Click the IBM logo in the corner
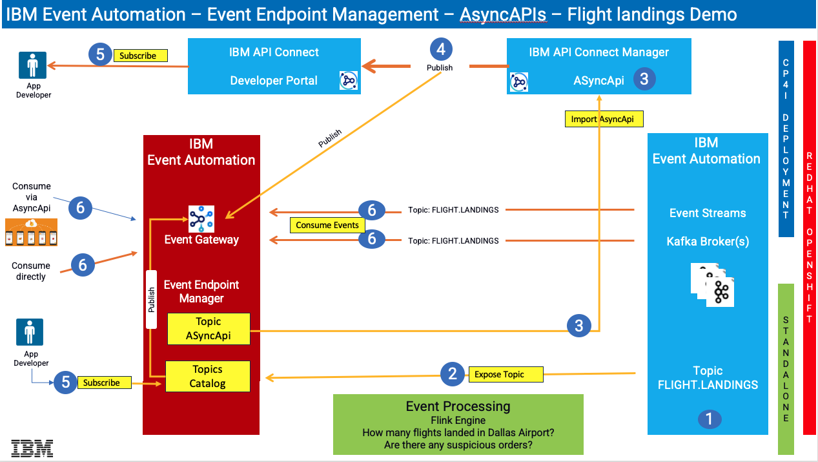click(32, 448)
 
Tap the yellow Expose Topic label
click(499, 374)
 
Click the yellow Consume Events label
click(327, 226)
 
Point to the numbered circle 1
click(709, 419)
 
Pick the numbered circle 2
click(453, 373)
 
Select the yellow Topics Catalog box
click(207, 377)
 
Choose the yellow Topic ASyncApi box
click(208, 329)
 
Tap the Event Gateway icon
click(201, 219)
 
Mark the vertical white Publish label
click(152, 299)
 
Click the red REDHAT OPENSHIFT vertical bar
click(809, 238)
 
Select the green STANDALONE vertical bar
click(785, 369)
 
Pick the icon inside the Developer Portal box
click(349, 81)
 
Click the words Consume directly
click(31, 271)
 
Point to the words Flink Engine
click(458, 420)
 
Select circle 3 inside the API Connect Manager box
click(644, 79)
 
